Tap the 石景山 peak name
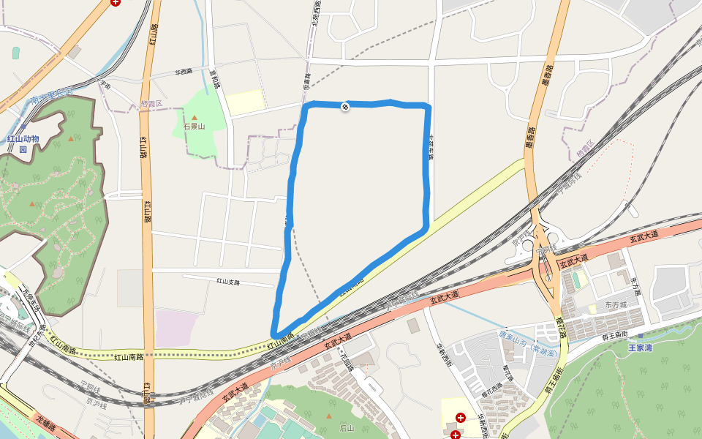click(195, 127)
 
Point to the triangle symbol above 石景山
click(195, 117)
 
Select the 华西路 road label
click(184, 72)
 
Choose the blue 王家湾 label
click(640, 348)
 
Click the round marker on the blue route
click(345, 107)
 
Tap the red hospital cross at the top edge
click(116, 2)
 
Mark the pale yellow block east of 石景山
click(245, 101)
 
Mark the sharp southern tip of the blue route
click(276, 334)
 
